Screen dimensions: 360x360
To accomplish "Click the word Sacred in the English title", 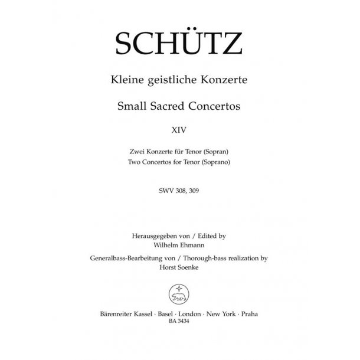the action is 165,106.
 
